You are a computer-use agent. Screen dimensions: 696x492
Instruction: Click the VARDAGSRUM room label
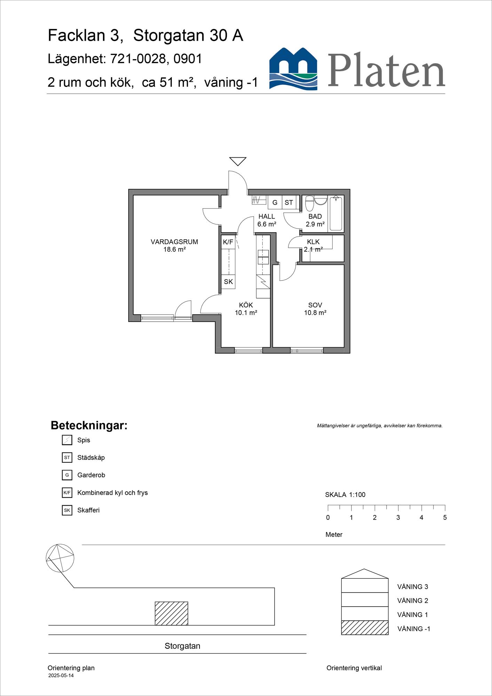pos(174,242)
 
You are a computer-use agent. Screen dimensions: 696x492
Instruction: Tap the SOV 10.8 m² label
pos(315,309)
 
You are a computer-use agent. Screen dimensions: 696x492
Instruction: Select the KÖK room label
pos(246,305)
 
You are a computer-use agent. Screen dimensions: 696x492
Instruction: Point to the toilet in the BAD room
pos(309,204)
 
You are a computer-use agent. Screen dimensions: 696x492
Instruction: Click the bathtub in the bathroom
pos(336,214)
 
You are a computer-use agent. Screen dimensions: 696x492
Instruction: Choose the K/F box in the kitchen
pos(228,242)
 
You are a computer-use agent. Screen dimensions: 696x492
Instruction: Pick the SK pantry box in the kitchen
pos(228,282)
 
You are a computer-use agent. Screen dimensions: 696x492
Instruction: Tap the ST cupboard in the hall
pos(289,203)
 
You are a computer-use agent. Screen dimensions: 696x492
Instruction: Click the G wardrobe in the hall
pos(275,203)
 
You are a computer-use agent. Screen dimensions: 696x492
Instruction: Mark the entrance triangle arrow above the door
pos(238,161)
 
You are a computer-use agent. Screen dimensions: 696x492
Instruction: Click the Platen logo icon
pos(293,69)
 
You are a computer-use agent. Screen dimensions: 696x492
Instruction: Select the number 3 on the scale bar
pos(398,517)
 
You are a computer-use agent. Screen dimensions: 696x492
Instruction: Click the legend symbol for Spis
pos(67,440)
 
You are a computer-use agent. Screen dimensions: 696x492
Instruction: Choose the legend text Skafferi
pos(88,510)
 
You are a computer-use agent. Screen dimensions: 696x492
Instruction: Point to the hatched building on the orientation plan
pos(171,614)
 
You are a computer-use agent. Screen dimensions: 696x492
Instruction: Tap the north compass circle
pos(60,558)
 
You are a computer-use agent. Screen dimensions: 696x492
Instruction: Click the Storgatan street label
pos(182,646)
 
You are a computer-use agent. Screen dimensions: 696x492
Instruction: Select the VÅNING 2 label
pos(413,601)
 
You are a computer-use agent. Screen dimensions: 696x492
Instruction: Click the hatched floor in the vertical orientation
pos(364,627)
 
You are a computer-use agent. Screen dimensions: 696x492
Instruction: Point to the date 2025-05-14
pos(61,675)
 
